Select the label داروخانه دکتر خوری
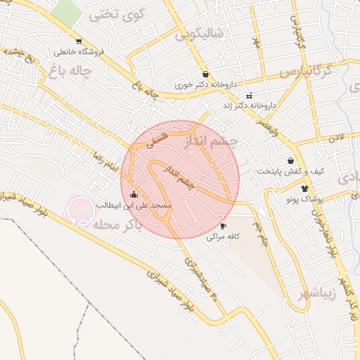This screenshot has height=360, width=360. (205, 85)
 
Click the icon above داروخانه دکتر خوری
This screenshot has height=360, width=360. (205, 74)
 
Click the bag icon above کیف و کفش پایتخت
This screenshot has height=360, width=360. (290, 160)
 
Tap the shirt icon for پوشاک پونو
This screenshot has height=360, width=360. (304, 188)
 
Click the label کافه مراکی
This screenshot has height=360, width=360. (224, 238)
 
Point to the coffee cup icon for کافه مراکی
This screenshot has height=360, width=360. (224, 226)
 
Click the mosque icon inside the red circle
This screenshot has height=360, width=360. (134, 194)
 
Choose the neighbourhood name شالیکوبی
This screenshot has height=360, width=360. (200, 33)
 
